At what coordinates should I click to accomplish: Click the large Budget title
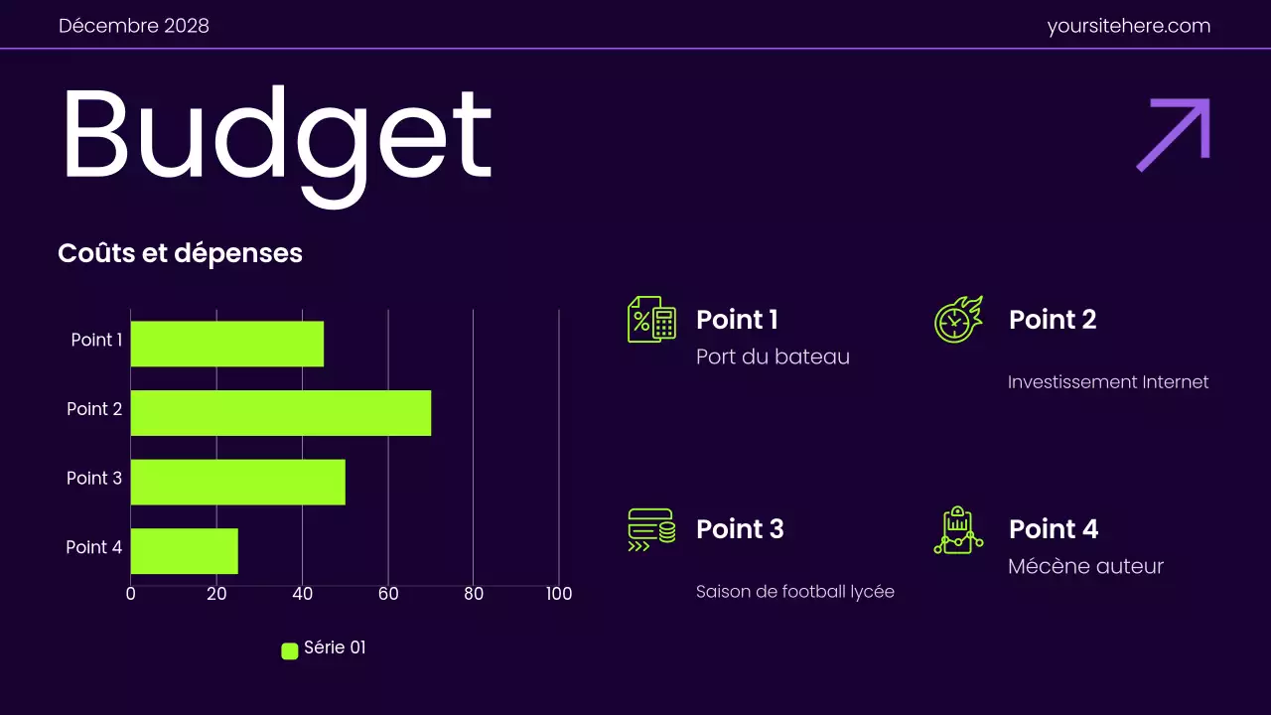[x=276, y=139]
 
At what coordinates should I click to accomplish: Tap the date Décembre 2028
[x=134, y=26]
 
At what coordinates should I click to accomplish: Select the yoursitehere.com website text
[x=1129, y=26]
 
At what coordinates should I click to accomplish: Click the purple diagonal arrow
[x=1174, y=134]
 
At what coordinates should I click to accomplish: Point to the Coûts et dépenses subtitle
[x=180, y=253]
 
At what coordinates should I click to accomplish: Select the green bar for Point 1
[x=227, y=344]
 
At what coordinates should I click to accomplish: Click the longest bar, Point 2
[x=281, y=413]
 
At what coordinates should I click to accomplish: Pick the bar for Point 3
[x=238, y=482]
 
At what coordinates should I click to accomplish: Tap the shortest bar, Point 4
[x=185, y=551]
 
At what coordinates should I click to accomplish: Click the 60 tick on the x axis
[x=387, y=594]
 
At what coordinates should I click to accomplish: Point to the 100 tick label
[x=559, y=594]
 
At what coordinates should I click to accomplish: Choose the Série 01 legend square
[x=290, y=651]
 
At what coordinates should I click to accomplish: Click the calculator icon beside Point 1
[x=651, y=320]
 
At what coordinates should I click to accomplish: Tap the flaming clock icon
[x=958, y=320]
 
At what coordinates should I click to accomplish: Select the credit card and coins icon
[x=651, y=529]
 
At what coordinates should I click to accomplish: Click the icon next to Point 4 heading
[x=958, y=530]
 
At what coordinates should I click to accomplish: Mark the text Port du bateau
[x=773, y=357]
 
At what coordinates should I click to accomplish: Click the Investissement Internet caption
[x=1108, y=382]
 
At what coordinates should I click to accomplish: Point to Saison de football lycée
[x=794, y=592]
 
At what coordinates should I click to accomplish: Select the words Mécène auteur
[x=1085, y=566]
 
